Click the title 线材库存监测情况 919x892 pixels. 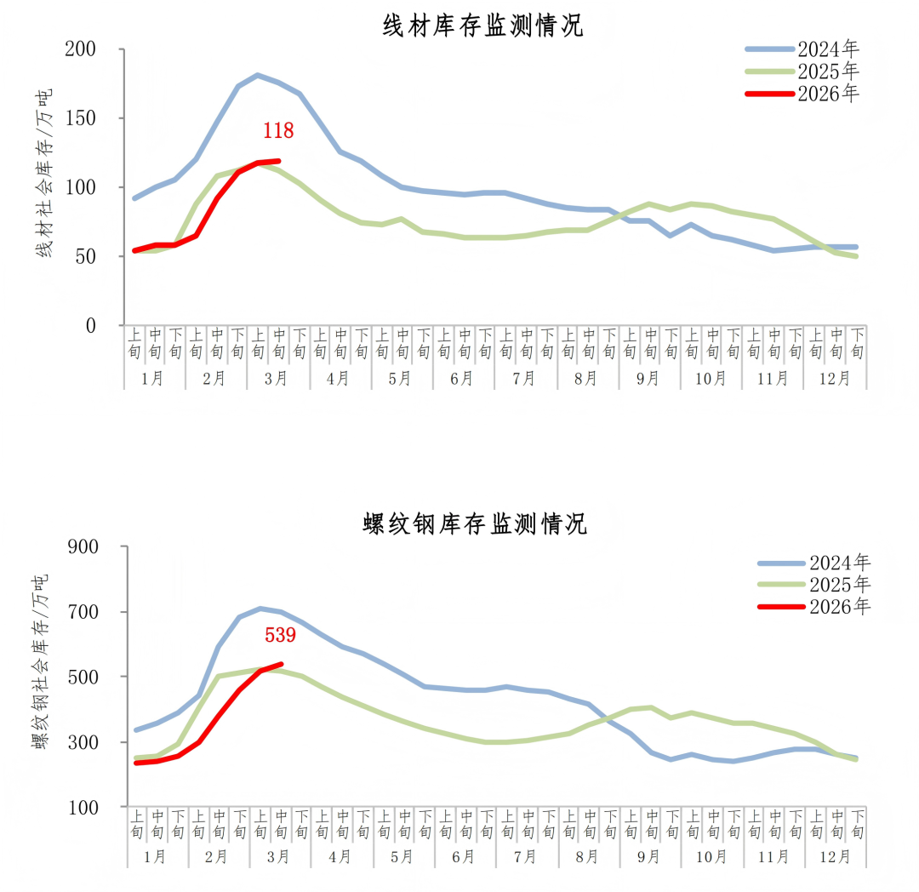click(x=483, y=26)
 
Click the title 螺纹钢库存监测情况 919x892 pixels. click(x=475, y=523)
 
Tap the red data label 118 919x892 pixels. click(x=278, y=131)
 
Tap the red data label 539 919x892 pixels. click(x=280, y=635)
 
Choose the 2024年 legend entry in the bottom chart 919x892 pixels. click(x=840, y=563)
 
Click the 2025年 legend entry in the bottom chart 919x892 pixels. click(x=840, y=584)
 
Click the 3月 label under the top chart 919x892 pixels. click(x=278, y=379)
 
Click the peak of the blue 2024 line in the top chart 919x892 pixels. click(x=258, y=75)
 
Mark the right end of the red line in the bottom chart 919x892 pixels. click(x=281, y=664)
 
